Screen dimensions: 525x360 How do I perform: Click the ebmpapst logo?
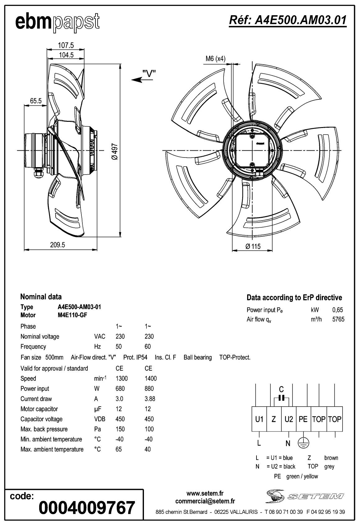pos(58,22)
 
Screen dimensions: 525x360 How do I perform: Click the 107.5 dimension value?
pos(66,45)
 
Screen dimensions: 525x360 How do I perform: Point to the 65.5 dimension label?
pos(36,101)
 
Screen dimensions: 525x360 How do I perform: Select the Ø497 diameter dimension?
pos(115,151)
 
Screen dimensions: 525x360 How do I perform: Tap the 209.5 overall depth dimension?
pos(58,245)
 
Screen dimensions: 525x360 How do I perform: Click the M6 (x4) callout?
pos(215,59)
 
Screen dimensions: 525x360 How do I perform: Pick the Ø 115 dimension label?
pos(253,246)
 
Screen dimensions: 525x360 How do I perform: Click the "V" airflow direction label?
pos(149,74)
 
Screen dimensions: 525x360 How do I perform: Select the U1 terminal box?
pos(259,419)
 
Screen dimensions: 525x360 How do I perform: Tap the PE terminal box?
pos(303,419)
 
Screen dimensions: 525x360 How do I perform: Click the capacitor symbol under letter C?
pos(281,398)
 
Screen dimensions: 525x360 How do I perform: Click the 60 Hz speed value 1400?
pos(150,378)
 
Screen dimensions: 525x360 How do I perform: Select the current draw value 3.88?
pos(150,399)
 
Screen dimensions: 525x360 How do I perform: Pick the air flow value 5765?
pos(338,319)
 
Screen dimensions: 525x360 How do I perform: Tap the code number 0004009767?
pos(87,508)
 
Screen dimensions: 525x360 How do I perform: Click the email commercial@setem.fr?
pos(205,501)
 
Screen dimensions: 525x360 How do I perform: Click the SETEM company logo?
pos(304,496)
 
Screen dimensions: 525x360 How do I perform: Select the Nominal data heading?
pos(41,297)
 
